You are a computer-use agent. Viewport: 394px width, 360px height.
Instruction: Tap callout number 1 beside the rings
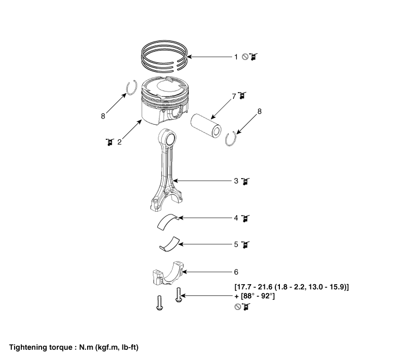[x=237, y=57]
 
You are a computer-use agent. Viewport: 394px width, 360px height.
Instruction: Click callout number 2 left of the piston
[x=120, y=142]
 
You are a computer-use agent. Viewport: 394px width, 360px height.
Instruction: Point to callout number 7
[x=234, y=96]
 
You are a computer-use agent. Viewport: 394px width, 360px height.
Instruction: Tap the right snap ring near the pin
[x=232, y=138]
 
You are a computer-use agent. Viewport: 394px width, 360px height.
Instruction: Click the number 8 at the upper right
[x=259, y=112]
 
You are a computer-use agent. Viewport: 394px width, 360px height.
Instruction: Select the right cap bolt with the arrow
[x=179, y=295]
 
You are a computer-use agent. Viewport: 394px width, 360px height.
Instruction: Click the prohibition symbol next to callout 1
[x=246, y=57]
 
